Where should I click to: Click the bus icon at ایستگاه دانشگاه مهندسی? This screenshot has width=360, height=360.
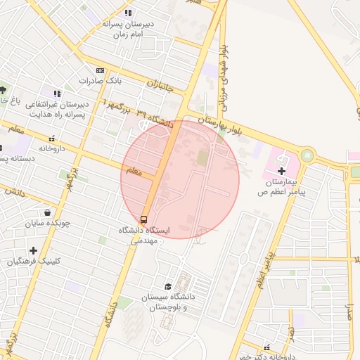point(144,219)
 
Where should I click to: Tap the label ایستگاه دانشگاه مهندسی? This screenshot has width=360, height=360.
point(144,235)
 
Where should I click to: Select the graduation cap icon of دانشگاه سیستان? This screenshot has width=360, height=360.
point(167,286)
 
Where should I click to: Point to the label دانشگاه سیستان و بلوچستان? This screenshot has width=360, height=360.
point(167,303)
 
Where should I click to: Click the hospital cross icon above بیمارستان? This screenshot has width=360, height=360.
point(281,171)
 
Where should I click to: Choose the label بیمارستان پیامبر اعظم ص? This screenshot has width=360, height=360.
point(281,186)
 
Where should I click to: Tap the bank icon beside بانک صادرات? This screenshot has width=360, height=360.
point(100,70)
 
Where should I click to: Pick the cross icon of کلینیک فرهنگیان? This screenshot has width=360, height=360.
point(33,250)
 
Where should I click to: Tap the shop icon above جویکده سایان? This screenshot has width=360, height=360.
point(47,212)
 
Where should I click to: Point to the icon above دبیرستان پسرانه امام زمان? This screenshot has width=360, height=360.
point(127,13)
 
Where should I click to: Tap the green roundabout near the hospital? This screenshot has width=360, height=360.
point(307,155)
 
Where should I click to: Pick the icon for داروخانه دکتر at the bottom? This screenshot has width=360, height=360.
point(266,347)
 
